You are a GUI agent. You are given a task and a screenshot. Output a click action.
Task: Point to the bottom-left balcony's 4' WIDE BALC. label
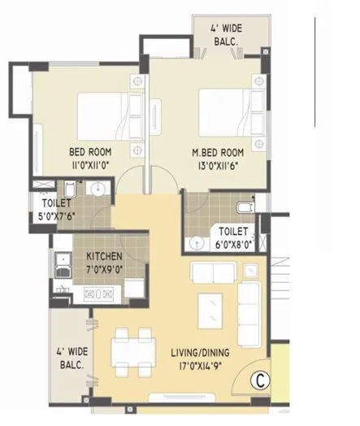(71, 359)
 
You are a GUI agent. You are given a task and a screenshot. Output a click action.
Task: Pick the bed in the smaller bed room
(102, 114)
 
